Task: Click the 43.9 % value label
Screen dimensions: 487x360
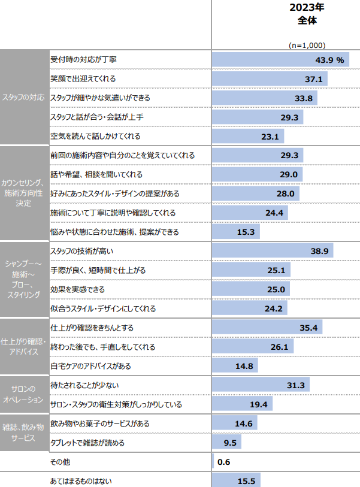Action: [329, 60]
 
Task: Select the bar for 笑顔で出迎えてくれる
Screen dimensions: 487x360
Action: [270, 79]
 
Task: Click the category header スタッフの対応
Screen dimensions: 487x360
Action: [23, 98]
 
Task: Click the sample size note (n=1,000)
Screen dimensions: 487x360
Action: [307, 45]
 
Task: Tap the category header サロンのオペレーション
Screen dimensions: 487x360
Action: [23, 394]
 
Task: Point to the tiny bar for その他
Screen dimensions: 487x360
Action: [213, 462]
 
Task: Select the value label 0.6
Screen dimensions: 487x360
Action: [224, 462]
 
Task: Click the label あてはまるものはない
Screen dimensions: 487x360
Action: [81, 480]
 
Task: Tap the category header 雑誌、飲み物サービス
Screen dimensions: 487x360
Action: [23, 432]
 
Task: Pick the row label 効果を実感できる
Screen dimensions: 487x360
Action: [78, 289]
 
